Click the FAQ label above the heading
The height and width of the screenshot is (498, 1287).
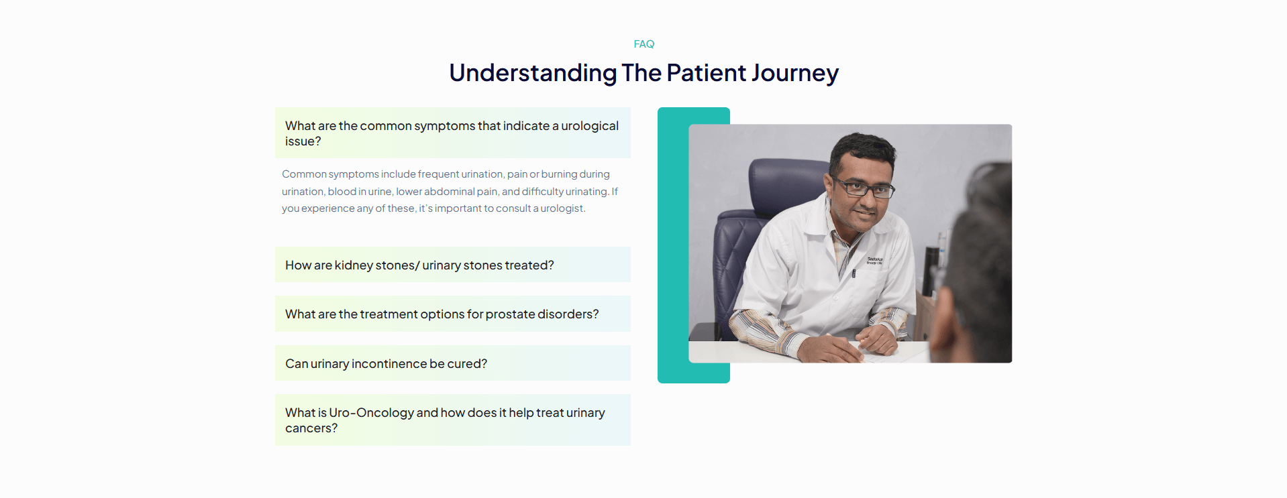pos(643,44)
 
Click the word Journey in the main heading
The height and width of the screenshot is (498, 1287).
pos(795,73)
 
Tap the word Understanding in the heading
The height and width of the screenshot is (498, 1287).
pos(533,73)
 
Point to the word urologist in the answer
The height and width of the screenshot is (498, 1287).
pos(562,208)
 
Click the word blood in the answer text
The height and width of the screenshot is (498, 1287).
pos(342,192)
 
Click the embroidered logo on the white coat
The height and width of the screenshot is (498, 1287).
pos(875,260)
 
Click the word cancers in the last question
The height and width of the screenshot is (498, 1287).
pos(311,428)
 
